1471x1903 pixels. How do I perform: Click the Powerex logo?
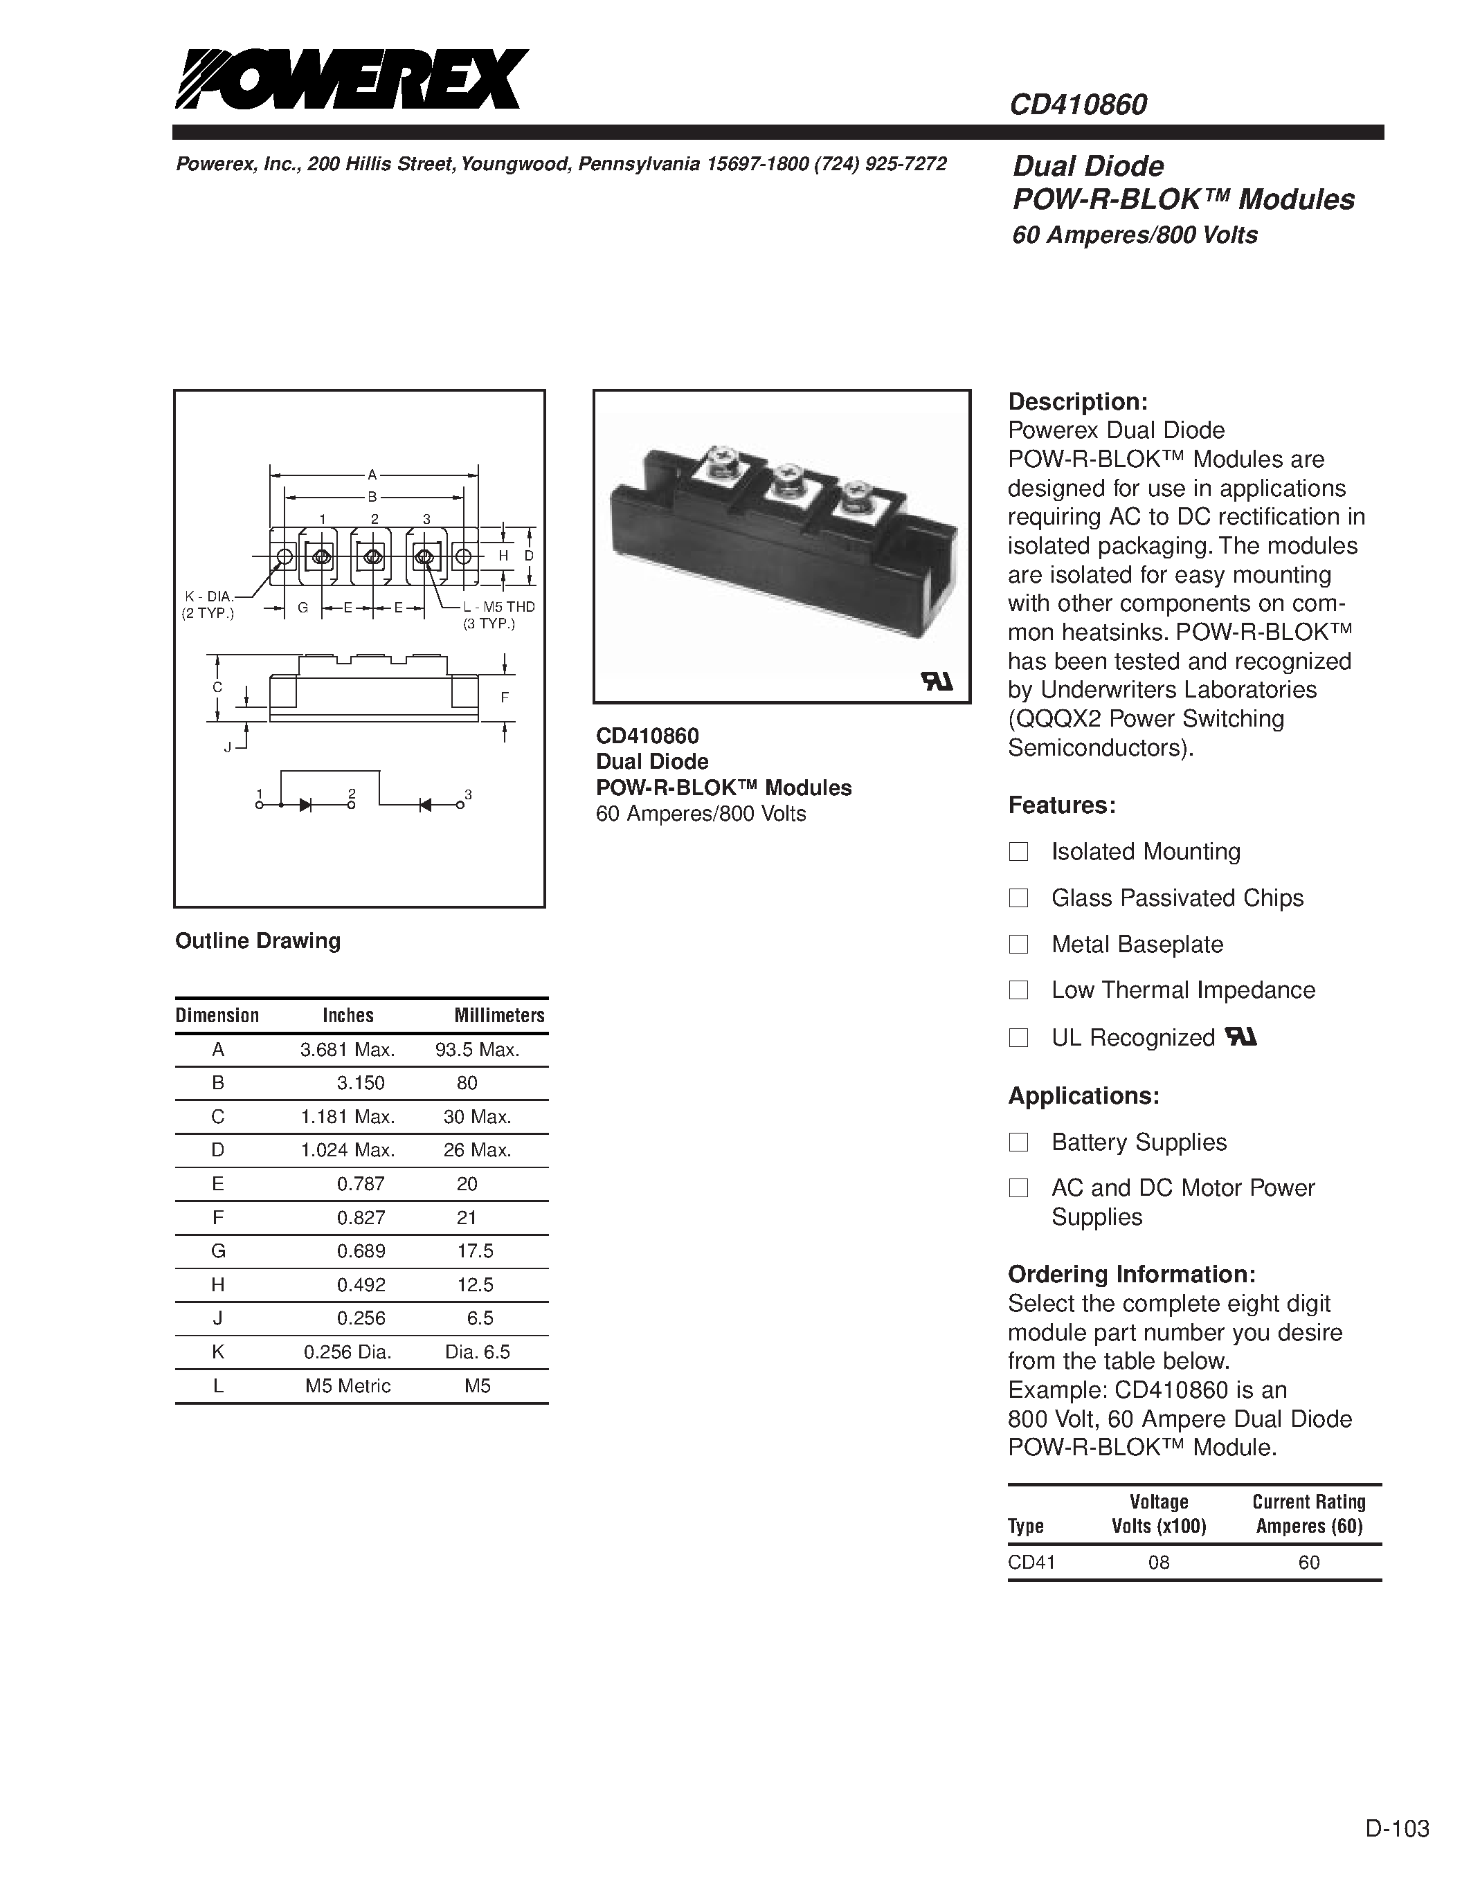click(x=351, y=80)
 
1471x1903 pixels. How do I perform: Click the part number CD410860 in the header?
click(x=1078, y=104)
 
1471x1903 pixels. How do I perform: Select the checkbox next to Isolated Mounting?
click(x=1018, y=851)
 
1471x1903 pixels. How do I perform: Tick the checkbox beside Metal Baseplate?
click(x=1018, y=944)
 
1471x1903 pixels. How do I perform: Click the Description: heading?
click(x=1077, y=401)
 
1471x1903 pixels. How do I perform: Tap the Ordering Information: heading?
click(x=1131, y=1274)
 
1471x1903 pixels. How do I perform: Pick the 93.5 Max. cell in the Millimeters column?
click(x=477, y=1050)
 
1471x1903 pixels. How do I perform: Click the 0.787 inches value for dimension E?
click(x=360, y=1184)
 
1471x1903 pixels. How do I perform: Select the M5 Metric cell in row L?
click(x=348, y=1385)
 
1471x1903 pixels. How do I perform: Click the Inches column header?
click(x=348, y=1015)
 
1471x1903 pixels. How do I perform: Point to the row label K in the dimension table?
click(x=218, y=1351)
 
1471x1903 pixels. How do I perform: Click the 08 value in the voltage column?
click(x=1158, y=1563)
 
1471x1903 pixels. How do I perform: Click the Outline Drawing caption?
click(x=257, y=941)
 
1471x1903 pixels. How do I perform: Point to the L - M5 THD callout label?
click(x=498, y=606)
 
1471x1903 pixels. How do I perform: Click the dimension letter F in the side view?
click(x=504, y=697)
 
